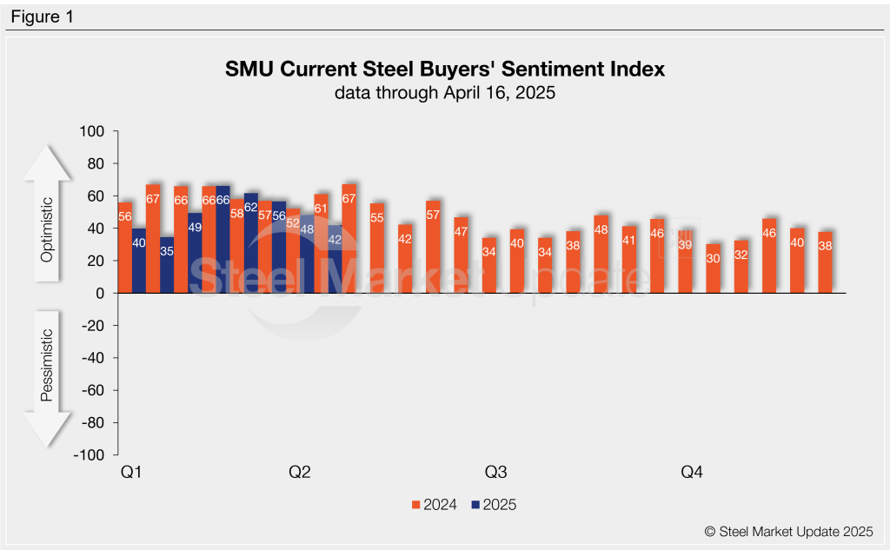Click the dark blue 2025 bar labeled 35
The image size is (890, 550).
167,265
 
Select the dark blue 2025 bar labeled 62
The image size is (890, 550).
251,243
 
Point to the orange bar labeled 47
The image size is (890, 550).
461,255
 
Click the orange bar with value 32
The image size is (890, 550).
741,267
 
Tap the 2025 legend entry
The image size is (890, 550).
494,504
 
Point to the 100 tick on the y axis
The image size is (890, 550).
92,132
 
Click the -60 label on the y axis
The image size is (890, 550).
90,390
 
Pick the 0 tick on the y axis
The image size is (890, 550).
99,294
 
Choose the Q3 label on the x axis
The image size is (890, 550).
495,473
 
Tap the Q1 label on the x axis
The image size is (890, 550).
131,473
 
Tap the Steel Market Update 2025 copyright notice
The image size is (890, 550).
787,530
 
